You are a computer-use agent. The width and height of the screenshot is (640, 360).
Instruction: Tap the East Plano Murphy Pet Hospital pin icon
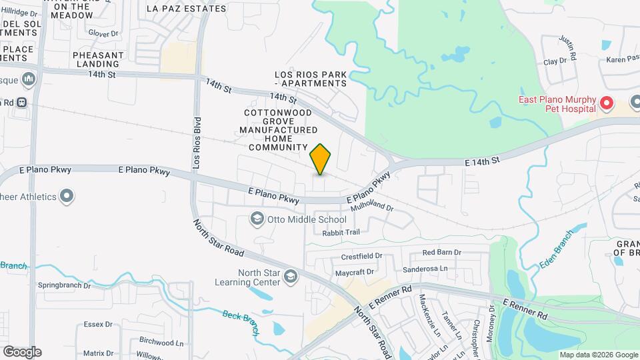pyautogui.click(x=607, y=103)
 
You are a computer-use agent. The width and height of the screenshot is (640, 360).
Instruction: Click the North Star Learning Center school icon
pyautogui.click(x=290, y=276)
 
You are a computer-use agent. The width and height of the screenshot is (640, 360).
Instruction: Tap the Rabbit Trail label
pyautogui.click(x=341, y=232)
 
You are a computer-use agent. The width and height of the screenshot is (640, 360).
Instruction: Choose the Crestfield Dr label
pyautogui.click(x=361, y=255)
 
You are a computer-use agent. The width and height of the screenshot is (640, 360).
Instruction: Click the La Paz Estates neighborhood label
pyautogui.click(x=186, y=9)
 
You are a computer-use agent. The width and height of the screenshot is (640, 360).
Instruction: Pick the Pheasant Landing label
pyautogui.click(x=98, y=59)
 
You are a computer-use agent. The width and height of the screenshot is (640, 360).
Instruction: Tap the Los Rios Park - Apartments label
pyautogui.click(x=311, y=79)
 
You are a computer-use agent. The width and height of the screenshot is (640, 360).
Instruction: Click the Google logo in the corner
pyautogui.click(x=22, y=352)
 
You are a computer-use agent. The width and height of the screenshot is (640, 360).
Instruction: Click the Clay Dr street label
pyautogui.click(x=555, y=61)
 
